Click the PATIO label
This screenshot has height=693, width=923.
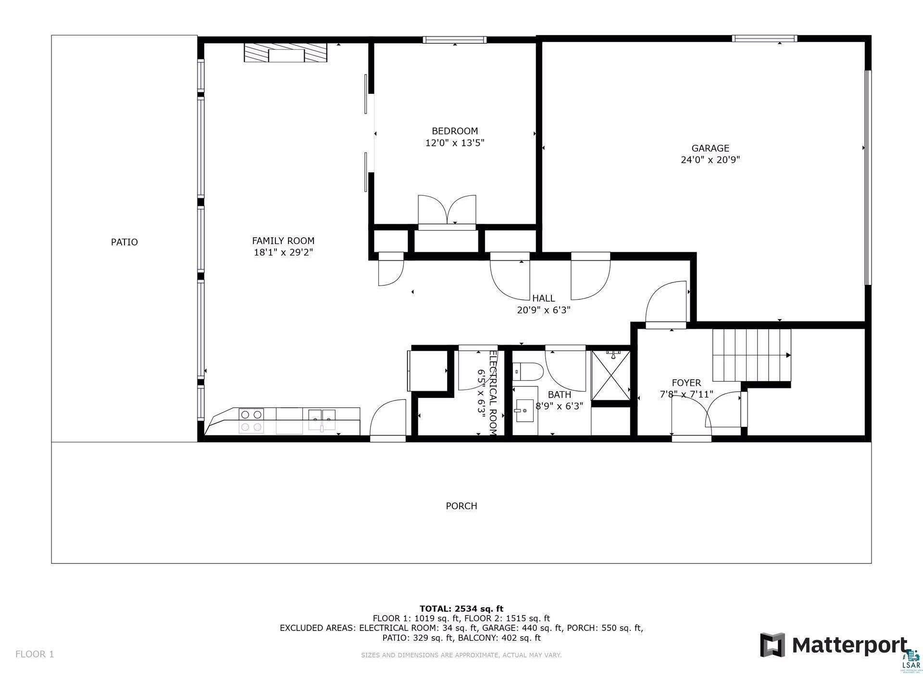(124, 242)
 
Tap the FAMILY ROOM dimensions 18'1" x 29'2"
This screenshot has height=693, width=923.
(283, 252)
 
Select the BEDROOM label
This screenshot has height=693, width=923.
(455, 131)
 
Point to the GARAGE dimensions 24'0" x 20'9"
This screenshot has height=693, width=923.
(710, 160)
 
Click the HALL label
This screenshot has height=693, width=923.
(543, 298)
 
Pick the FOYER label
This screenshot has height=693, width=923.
(686, 383)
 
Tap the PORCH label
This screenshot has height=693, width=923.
(461, 506)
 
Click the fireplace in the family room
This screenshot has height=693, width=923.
(285, 52)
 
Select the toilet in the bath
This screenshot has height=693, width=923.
(528, 372)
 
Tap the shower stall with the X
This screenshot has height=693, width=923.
(611, 375)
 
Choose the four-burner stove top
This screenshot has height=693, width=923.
(251, 420)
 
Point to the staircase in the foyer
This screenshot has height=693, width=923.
(751, 355)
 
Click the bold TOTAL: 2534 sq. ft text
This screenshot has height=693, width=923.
(461, 609)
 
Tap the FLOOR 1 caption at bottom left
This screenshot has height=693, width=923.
(35, 654)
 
